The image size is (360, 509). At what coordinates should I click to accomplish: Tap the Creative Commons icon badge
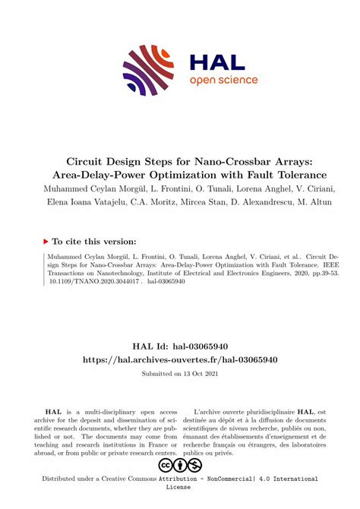click(x=179, y=464)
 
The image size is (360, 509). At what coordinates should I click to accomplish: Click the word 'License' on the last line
click(x=180, y=489)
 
